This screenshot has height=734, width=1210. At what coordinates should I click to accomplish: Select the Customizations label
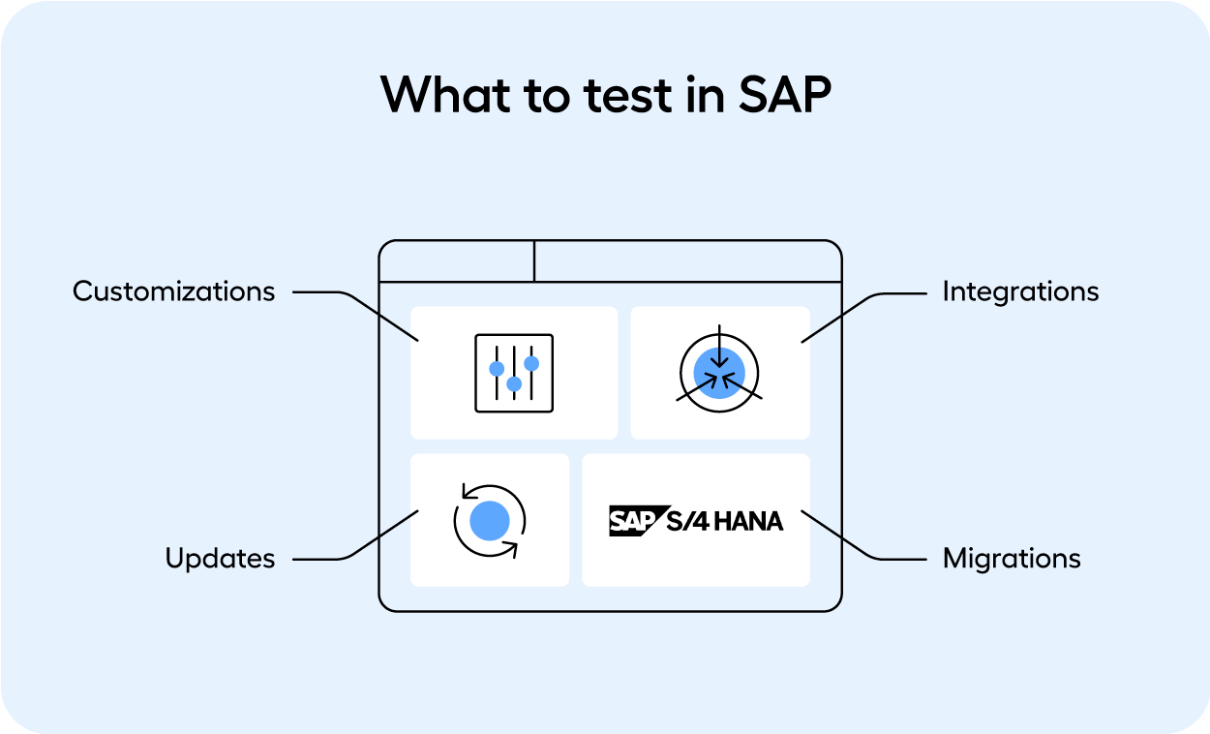click(x=174, y=291)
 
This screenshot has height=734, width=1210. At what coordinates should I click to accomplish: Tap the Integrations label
click(x=1020, y=291)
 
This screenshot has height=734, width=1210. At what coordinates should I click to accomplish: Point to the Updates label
click(x=220, y=559)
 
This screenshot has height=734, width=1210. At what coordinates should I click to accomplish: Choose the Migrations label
click(x=1012, y=559)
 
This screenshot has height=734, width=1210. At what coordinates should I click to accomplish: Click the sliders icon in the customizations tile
click(x=514, y=373)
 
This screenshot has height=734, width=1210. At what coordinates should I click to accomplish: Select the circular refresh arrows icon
click(x=490, y=521)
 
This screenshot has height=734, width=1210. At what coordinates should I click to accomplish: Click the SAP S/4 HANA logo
click(x=695, y=521)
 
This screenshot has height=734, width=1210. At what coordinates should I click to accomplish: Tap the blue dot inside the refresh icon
click(x=490, y=521)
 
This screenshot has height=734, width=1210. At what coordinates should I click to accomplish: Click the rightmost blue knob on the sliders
click(x=531, y=363)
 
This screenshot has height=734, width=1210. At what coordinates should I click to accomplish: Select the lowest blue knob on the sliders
click(x=514, y=384)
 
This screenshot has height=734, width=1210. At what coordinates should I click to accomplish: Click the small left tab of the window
click(x=456, y=261)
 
